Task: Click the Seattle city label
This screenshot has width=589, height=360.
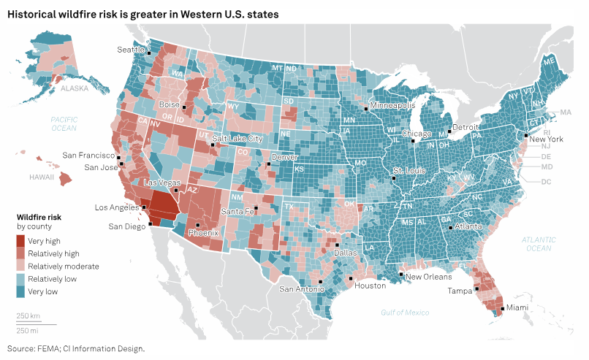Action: [131, 49]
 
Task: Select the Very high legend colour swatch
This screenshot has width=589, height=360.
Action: [20, 241]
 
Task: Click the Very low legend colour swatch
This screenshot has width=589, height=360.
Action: [20, 291]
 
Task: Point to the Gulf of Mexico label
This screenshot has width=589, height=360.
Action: [405, 313]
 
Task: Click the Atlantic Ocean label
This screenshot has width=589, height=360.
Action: [539, 244]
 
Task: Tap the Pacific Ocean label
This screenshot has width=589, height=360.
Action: [64, 123]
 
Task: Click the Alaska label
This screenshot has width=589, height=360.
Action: [75, 88]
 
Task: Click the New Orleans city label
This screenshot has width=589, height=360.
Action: [429, 277]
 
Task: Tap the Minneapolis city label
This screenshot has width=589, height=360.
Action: [395, 106]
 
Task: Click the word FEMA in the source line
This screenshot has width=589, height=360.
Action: [53, 348]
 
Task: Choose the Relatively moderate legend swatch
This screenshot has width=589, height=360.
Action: [20, 266]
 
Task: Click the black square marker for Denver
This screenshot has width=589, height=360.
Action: [269, 164]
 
